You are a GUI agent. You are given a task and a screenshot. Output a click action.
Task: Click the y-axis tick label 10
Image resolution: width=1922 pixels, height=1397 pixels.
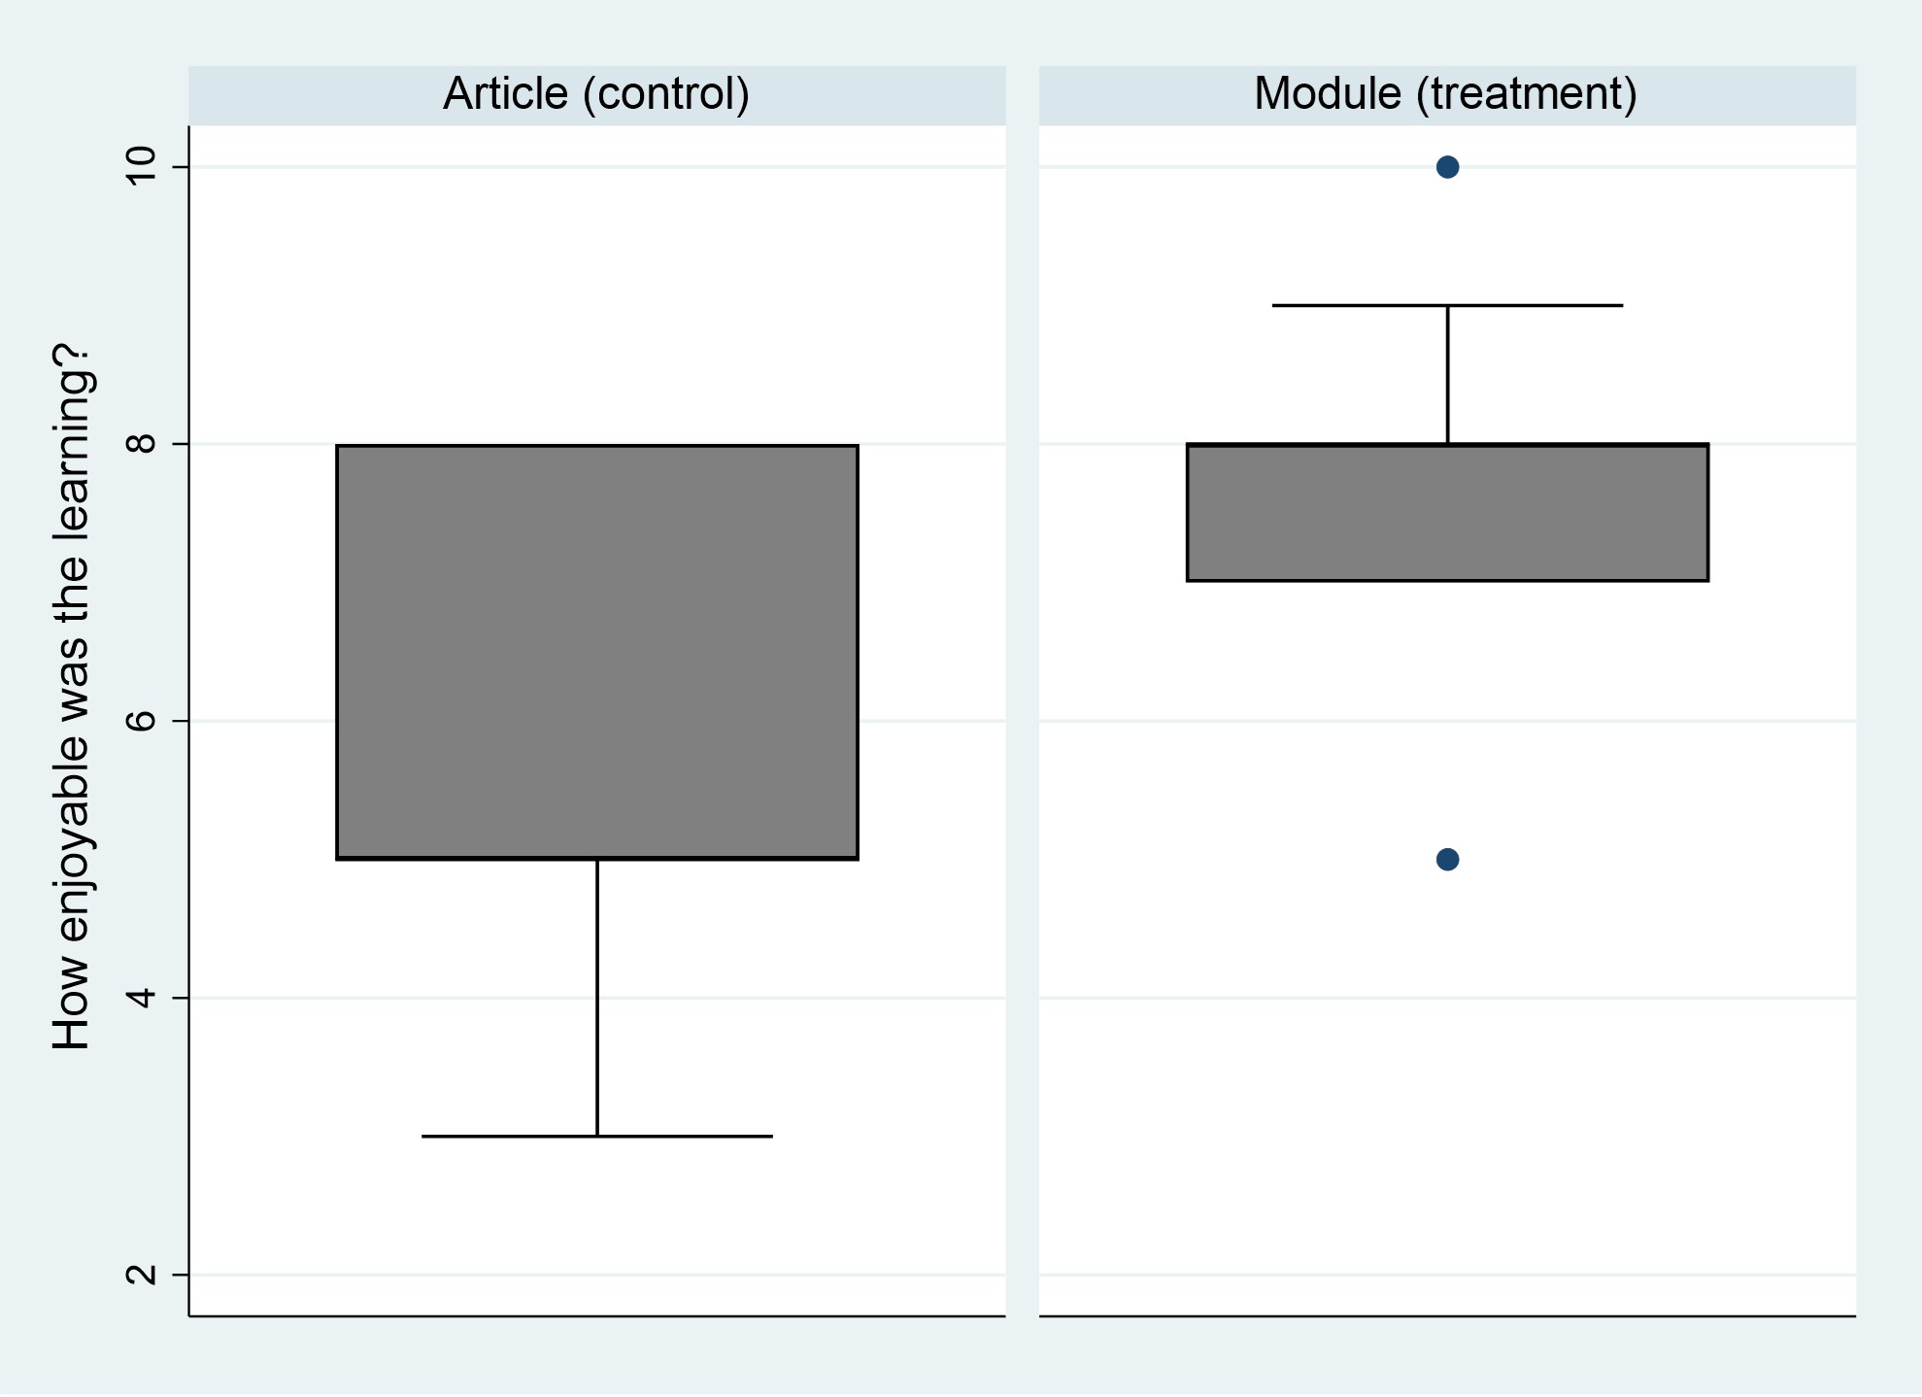[x=142, y=166]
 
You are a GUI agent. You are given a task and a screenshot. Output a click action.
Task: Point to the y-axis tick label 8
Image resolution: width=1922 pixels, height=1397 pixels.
[x=142, y=444]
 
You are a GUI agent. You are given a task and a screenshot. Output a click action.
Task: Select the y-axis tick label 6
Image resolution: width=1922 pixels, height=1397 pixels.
[x=142, y=721]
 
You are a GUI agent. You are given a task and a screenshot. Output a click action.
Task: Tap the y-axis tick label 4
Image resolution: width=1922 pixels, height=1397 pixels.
[x=142, y=998]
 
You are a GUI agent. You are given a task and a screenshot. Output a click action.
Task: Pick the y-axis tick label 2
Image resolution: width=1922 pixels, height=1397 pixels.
[x=142, y=1275]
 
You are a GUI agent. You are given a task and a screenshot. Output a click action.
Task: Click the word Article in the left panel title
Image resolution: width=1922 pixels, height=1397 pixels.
[x=505, y=94]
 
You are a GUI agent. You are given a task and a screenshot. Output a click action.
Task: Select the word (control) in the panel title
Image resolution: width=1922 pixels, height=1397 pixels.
[x=666, y=94]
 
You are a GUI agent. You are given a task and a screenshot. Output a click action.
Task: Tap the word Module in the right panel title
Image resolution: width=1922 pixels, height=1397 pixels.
[x=1328, y=94]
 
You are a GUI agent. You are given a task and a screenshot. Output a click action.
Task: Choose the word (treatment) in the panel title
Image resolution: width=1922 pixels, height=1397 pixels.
[x=1527, y=94]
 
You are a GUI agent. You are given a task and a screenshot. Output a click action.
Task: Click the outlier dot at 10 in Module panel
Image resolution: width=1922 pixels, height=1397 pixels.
[x=1447, y=167]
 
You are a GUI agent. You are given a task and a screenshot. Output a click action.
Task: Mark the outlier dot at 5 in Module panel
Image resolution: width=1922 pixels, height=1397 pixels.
[x=1447, y=860]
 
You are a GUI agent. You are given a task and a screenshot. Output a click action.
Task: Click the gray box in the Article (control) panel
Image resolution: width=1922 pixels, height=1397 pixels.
[x=597, y=652]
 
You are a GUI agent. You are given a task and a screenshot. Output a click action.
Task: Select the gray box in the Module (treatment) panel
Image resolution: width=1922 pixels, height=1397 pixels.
[x=1447, y=513]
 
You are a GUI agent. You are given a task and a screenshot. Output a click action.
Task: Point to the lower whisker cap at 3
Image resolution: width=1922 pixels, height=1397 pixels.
[x=597, y=1136]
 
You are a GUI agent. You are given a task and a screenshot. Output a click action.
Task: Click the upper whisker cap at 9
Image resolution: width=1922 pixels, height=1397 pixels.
[x=1447, y=305]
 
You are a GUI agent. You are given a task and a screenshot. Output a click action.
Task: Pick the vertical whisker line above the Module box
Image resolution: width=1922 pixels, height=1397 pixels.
[x=1447, y=375]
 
